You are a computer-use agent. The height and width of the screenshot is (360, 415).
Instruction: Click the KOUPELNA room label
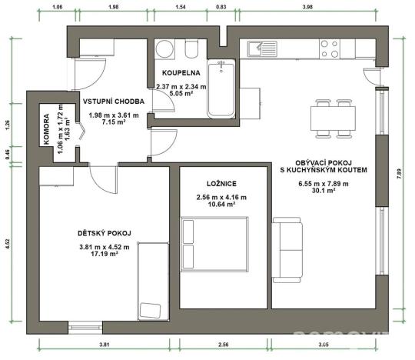181,73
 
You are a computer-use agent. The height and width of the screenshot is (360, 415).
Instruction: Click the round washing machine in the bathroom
164,50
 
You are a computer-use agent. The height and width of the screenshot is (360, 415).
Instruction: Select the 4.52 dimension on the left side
7,245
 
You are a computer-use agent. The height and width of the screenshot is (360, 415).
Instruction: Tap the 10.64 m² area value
215,205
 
